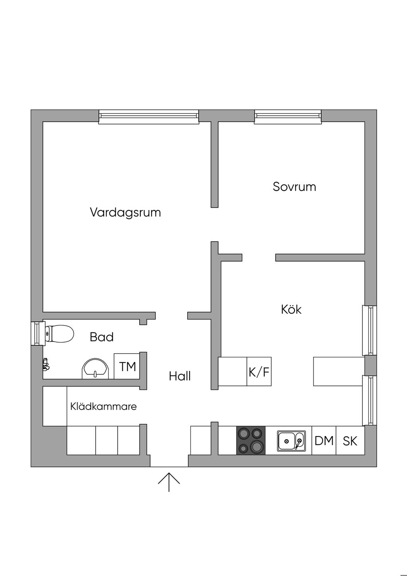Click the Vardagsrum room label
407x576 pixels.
pos(125,213)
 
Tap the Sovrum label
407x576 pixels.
pos(295,187)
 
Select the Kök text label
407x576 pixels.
pos(291,309)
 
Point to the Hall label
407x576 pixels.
pos(180,376)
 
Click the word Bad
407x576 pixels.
pos(102,337)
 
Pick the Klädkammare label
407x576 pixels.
pos(104,407)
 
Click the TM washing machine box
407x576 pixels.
pos(127,366)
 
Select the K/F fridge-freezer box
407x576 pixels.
pos(259,371)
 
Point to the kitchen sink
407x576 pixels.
pos(291,441)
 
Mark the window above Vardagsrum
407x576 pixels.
pos(149,117)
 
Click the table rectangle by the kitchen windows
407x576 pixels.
pos(339,371)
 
